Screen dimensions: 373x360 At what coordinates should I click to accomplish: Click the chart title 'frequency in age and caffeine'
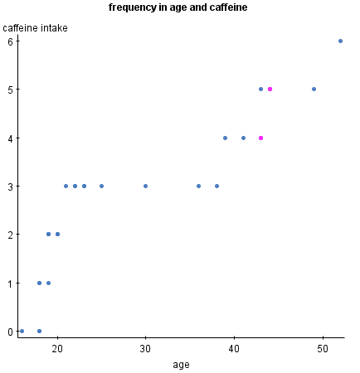click(178, 7)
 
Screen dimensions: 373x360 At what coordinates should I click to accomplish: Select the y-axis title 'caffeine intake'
click(36, 28)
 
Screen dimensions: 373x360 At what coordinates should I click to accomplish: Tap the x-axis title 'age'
click(181, 365)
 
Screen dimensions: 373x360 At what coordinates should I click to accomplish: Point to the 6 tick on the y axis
click(11, 41)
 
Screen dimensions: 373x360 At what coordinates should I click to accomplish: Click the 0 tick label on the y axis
click(11, 332)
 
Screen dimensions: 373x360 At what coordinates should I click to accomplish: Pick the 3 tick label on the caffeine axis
click(11, 186)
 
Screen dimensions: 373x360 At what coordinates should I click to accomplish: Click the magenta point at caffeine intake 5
click(270, 89)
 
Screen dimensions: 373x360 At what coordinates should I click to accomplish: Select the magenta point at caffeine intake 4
click(261, 138)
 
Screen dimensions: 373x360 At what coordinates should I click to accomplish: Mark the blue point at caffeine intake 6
click(340, 41)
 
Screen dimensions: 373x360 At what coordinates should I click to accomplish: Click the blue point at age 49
click(314, 89)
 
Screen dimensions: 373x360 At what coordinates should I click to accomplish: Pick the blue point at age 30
click(145, 186)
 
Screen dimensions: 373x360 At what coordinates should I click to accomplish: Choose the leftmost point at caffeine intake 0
click(22, 331)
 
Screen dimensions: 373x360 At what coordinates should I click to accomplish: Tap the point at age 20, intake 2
click(57, 234)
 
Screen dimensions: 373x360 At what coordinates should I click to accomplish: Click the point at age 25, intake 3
click(101, 186)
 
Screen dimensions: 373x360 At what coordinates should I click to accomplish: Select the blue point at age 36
click(198, 186)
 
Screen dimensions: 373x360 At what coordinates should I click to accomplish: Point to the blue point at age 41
click(243, 138)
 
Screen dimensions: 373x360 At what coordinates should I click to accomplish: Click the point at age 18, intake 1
click(39, 283)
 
